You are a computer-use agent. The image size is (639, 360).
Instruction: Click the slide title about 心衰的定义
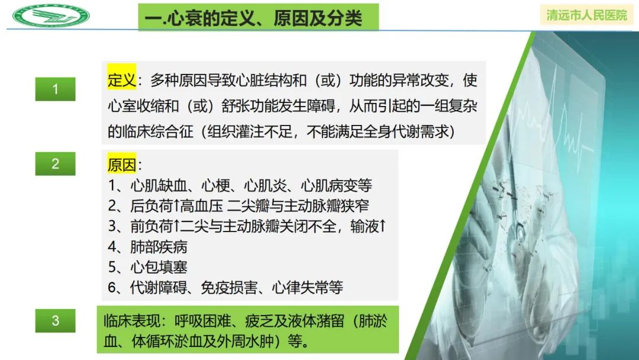click(x=259, y=18)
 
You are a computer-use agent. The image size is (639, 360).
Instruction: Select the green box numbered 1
click(x=56, y=89)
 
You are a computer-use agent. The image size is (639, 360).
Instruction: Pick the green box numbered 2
click(x=56, y=163)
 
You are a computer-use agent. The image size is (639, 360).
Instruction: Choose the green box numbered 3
click(x=56, y=321)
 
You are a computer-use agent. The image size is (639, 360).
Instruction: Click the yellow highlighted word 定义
click(x=122, y=79)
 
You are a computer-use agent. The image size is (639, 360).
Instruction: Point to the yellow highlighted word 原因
click(x=122, y=165)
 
